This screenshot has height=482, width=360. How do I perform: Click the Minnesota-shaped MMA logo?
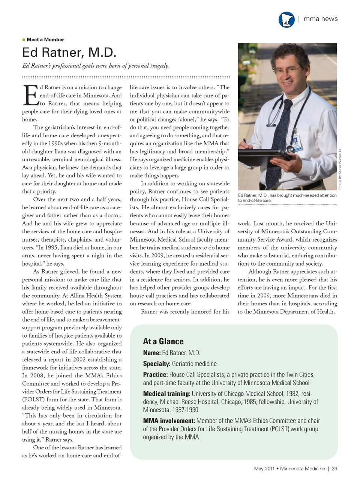286,20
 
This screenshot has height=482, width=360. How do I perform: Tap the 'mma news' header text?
320,19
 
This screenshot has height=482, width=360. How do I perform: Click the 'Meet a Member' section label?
45,40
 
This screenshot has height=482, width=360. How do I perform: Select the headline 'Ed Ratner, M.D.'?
69,53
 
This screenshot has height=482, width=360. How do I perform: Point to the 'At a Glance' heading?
163,341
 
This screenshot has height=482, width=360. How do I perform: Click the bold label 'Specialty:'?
157,363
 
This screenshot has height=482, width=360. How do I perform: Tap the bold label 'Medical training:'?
166,393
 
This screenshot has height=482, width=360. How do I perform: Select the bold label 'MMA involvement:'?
169,421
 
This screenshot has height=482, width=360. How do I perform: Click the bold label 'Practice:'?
155,374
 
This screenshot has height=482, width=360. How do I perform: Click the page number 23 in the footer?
334,468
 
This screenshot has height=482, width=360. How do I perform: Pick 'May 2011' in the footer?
264,468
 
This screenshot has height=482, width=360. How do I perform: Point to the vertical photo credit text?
340,169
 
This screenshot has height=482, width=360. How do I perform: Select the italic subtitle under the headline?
95,66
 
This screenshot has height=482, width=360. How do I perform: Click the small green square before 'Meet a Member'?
24,39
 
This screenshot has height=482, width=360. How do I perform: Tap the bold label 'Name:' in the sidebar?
152,353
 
